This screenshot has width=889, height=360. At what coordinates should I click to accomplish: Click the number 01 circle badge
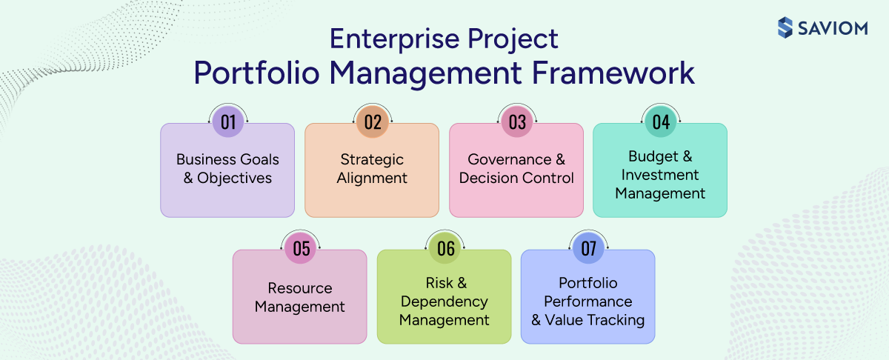(x=227, y=123)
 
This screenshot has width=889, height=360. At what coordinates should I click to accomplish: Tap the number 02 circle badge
(x=372, y=123)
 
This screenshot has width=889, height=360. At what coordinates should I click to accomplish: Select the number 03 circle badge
(x=516, y=123)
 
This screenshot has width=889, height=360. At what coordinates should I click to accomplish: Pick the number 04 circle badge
(x=660, y=123)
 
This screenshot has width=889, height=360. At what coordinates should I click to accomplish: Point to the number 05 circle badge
(x=300, y=249)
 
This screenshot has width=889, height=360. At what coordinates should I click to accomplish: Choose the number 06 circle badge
(x=444, y=249)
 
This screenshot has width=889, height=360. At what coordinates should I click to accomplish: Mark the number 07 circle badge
(x=588, y=249)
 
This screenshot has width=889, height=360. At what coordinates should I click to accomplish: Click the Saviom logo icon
(x=785, y=27)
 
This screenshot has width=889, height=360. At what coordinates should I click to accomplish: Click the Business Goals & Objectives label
(x=227, y=169)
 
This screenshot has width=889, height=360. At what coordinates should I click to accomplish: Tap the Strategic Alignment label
(x=372, y=169)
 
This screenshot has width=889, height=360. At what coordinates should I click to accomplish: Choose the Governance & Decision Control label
(x=516, y=169)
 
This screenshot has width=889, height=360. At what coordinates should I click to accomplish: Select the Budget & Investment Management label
(x=660, y=176)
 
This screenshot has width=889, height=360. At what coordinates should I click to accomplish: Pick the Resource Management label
(x=300, y=297)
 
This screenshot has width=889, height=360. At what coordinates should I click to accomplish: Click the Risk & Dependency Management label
(x=444, y=301)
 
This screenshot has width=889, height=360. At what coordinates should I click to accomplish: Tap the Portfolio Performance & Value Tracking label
(x=588, y=301)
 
